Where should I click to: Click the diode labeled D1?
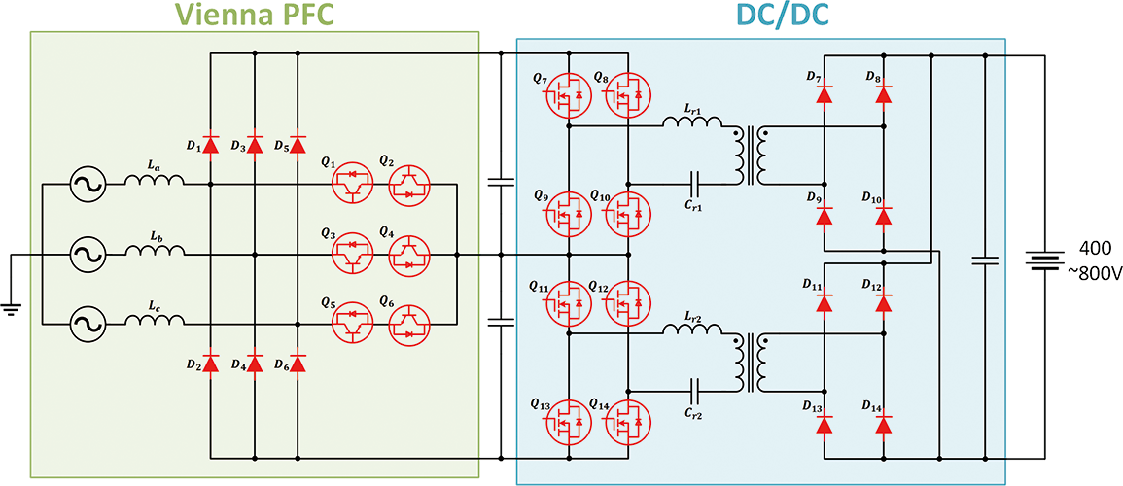212,146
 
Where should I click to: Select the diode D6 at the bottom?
298,364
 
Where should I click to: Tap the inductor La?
154,180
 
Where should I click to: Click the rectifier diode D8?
883,95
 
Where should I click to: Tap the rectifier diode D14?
883,425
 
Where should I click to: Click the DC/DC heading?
758,13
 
